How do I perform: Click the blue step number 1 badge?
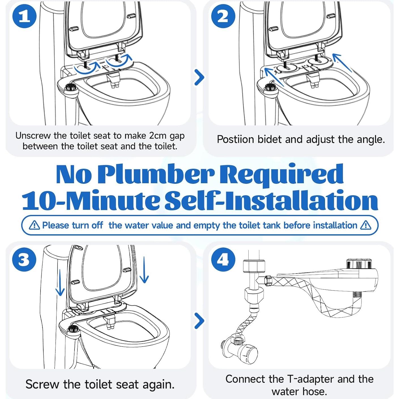(x=25, y=16)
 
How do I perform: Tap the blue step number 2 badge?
(x=223, y=16)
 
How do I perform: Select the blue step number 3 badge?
(x=24, y=259)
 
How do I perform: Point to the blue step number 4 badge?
(x=223, y=259)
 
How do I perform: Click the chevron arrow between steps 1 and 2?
(x=199, y=77)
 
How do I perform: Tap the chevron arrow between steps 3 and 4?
(x=199, y=321)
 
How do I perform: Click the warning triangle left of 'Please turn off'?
(x=35, y=225)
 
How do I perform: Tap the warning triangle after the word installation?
(x=366, y=225)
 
